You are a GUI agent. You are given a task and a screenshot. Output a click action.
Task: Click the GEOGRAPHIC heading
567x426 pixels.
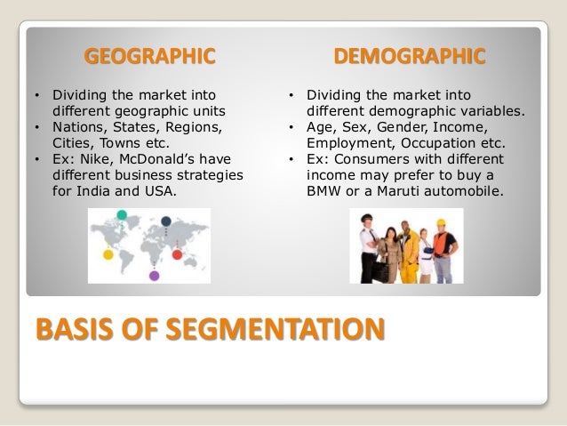point(149,58)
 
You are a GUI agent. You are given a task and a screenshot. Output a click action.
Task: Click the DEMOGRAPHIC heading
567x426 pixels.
point(410,58)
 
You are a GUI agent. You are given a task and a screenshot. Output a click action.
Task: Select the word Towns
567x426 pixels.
point(130,143)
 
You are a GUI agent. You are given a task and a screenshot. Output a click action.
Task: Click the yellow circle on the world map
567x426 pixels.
point(108,255)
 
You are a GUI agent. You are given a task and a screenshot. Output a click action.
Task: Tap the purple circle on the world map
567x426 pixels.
point(154,276)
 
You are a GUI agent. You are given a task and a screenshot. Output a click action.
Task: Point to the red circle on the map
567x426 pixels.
point(177,255)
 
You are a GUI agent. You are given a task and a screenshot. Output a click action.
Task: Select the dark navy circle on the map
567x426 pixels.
point(165,221)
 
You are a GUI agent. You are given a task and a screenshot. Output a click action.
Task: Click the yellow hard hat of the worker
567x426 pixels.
point(441,223)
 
